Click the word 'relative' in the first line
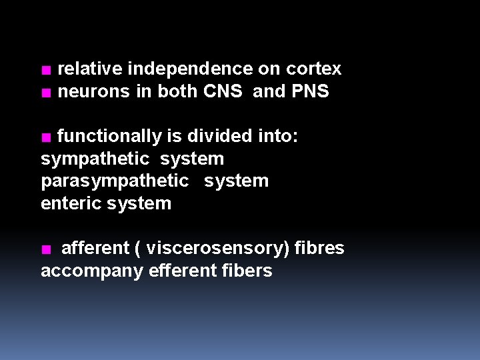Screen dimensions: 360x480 pos(90,69)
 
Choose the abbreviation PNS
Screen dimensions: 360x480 pos(310,91)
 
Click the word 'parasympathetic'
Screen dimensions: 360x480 pos(115,181)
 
